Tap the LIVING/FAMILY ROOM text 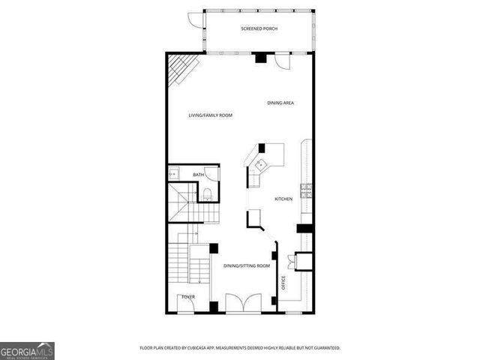point(210,115)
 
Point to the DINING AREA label point(280,102)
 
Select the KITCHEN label point(283,199)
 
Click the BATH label point(198,175)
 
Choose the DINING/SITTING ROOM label point(247,265)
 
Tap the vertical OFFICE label point(283,283)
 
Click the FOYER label point(187,297)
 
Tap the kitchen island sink point(261,164)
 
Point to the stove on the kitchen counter point(305,190)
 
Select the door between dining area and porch point(280,61)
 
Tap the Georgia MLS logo point(27,351)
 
